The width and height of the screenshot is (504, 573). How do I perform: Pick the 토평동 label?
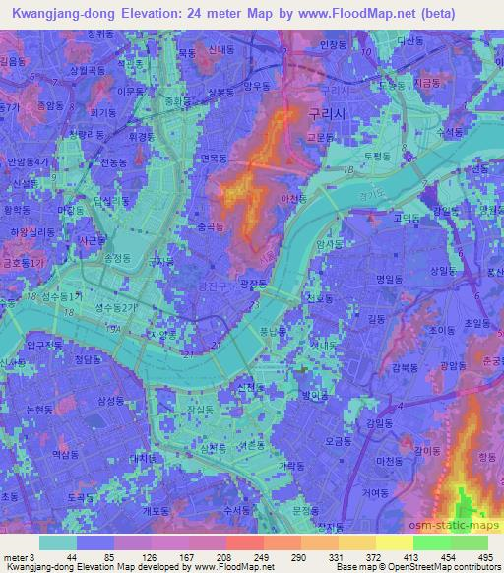[x=377, y=157]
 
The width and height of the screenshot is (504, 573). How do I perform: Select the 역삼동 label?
[x=64, y=426]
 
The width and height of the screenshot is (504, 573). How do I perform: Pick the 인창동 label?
[x=334, y=44]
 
